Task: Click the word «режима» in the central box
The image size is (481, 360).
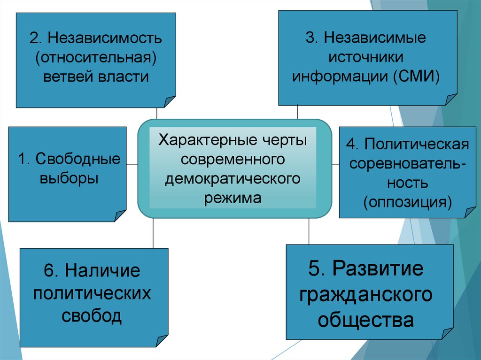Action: pos(233,198)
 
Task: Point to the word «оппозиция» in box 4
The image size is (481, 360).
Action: pos(407,202)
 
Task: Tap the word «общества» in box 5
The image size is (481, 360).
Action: pos(366,320)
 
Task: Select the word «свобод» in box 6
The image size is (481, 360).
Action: pos(92,316)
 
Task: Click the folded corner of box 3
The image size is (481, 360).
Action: pos(450,99)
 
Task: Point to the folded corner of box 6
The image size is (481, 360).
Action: pos(162,341)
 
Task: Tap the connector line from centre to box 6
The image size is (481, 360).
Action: pos(153,233)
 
